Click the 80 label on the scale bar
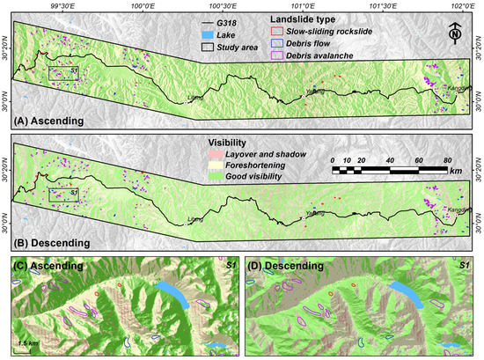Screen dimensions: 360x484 click(x=448, y=159)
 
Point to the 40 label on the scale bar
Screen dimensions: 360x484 click(x=390, y=159)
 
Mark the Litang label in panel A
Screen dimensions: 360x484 click(x=195, y=98)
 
